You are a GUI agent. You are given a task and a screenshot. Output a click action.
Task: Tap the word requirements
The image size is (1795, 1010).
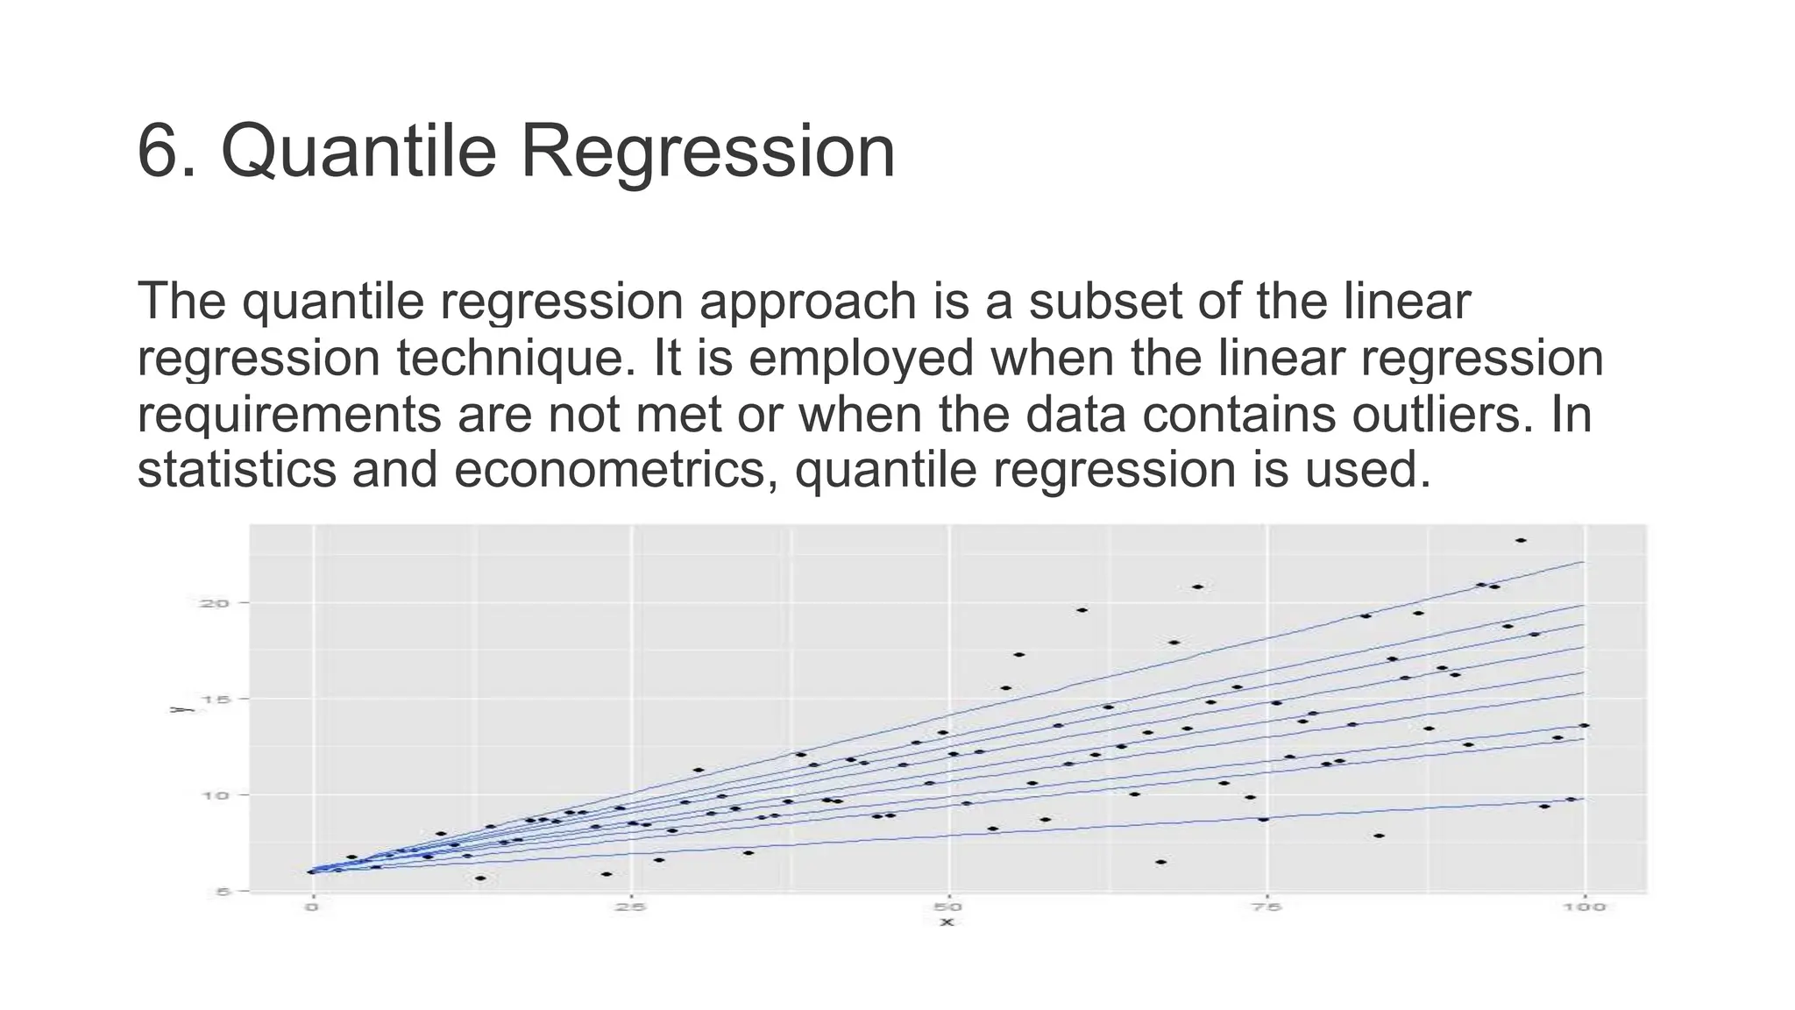coord(289,415)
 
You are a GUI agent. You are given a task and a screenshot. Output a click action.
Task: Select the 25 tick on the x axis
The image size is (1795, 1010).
coord(630,907)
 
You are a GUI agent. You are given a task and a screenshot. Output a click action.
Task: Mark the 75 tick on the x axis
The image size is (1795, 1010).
coord(1266,907)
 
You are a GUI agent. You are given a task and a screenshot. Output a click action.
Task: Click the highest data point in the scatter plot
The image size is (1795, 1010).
coord(1521,540)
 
